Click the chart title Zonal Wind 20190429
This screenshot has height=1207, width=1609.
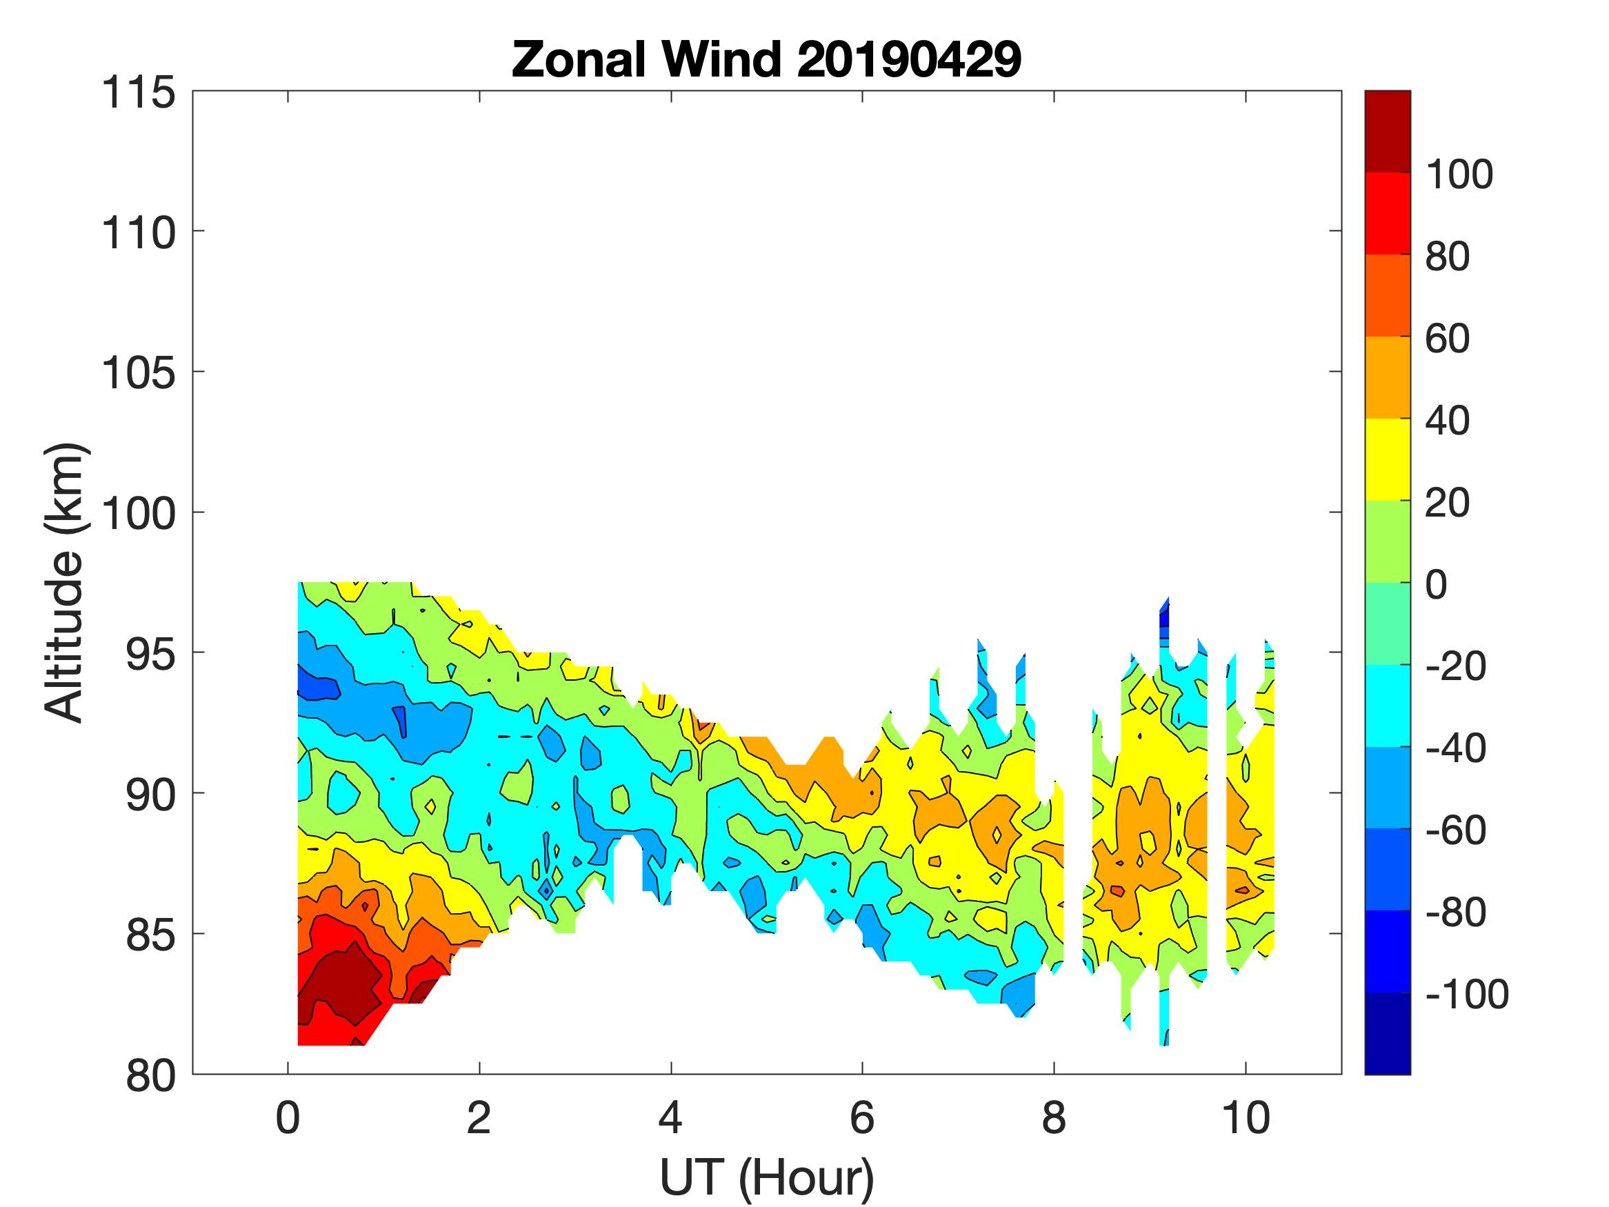click(x=766, y=59)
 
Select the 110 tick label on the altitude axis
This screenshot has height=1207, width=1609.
click(x=138, y=234)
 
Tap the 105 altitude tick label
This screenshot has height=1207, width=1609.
click(x=138, y=374)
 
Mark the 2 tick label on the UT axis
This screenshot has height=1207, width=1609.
click(x=479, y=1117)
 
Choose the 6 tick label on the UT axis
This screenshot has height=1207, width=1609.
click(x=862, y=1117)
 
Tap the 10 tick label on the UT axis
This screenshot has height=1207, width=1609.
click(x=1246, y=1117)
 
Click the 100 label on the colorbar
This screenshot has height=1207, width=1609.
click(x=1459, y=174)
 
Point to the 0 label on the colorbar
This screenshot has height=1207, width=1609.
click(x=1436, y=584)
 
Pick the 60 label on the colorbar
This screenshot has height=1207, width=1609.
click(x=1447, y=339)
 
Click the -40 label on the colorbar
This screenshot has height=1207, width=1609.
click(x=1455, y=748)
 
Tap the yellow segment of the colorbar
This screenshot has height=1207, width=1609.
click(x=1387, y=459)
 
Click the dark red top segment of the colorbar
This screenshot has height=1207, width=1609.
click(x=1387, y=131)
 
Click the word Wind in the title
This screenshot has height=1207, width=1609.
click(x=720, y=59)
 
